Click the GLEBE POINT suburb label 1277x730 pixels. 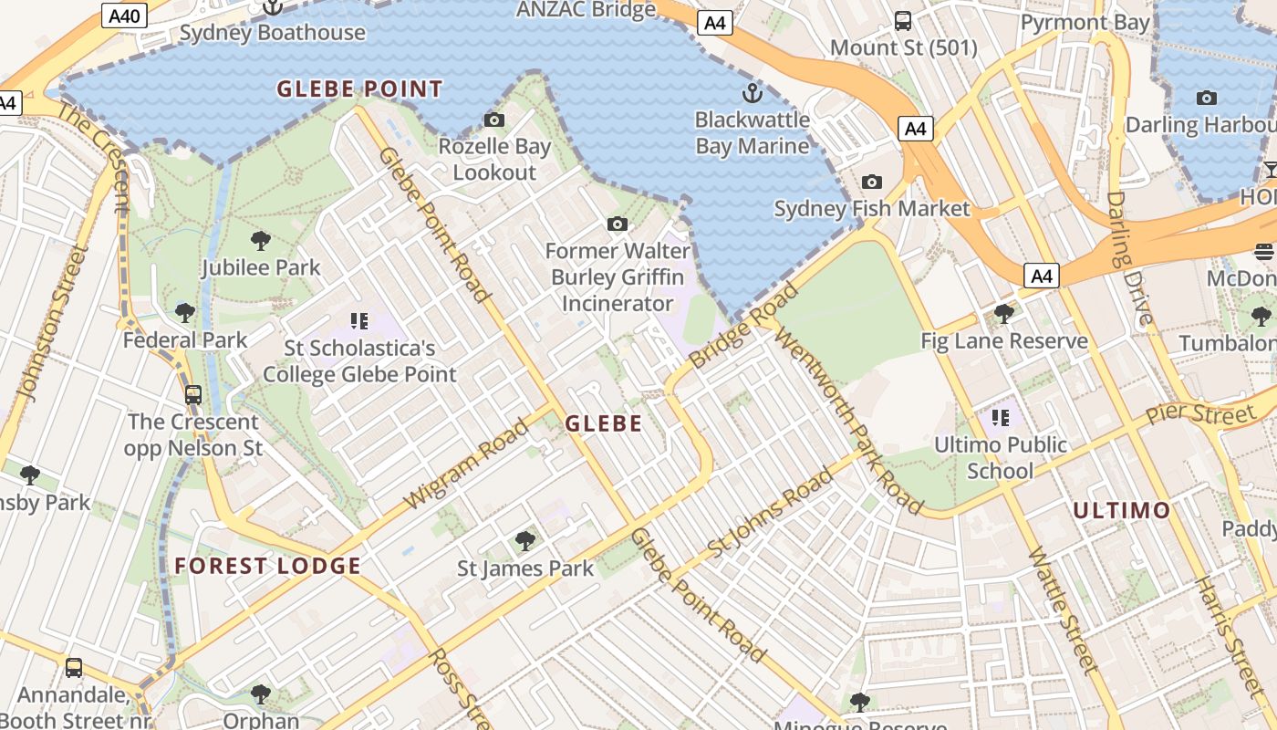point(359,89)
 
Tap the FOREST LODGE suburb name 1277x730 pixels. point(267,566)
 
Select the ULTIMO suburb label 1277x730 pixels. point(1121,510)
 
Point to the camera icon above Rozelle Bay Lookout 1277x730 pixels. point(494,120)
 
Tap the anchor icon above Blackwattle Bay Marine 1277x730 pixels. point(752,92)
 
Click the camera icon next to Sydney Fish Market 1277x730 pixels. point(872,182)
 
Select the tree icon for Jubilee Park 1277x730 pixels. point(261,241)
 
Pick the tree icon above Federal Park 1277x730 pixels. point(185,313)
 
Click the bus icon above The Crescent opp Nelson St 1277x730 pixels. point(193,395)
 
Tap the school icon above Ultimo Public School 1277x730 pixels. point(1001,418)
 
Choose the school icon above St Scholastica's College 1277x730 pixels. point(358,320)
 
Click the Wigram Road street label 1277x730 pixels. point(465,464)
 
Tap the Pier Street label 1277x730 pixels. point(1200,412)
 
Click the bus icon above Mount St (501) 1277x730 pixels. point(903,20)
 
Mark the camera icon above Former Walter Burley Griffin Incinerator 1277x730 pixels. point(618,224)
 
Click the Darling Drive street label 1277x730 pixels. point(1129,258)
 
